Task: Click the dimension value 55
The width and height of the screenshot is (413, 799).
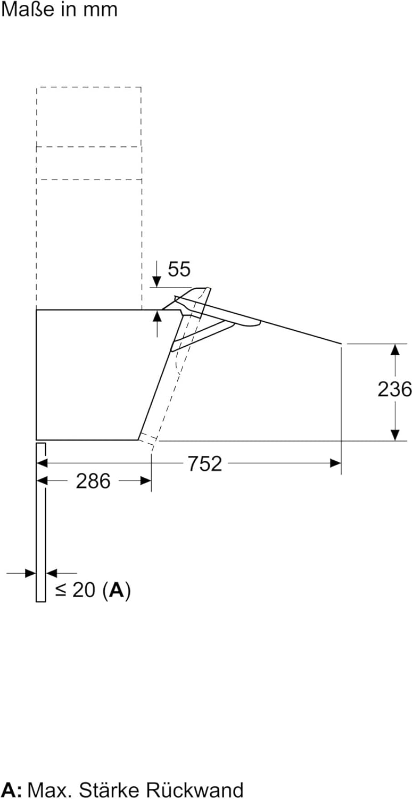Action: (x=179, y=269)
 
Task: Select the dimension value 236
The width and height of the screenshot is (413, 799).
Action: (x=394, y=389)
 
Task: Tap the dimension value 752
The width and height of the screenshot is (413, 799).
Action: (x=205, y=464)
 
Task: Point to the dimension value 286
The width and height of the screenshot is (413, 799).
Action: (x=93, y=481)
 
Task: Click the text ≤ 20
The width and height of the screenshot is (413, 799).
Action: (x=75, y=590)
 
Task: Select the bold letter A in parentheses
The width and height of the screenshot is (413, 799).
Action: (x=117, y=590)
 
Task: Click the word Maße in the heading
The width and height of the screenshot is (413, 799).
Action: (x=28, y=9)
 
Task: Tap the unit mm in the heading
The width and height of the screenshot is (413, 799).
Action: (x=100, y=11)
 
